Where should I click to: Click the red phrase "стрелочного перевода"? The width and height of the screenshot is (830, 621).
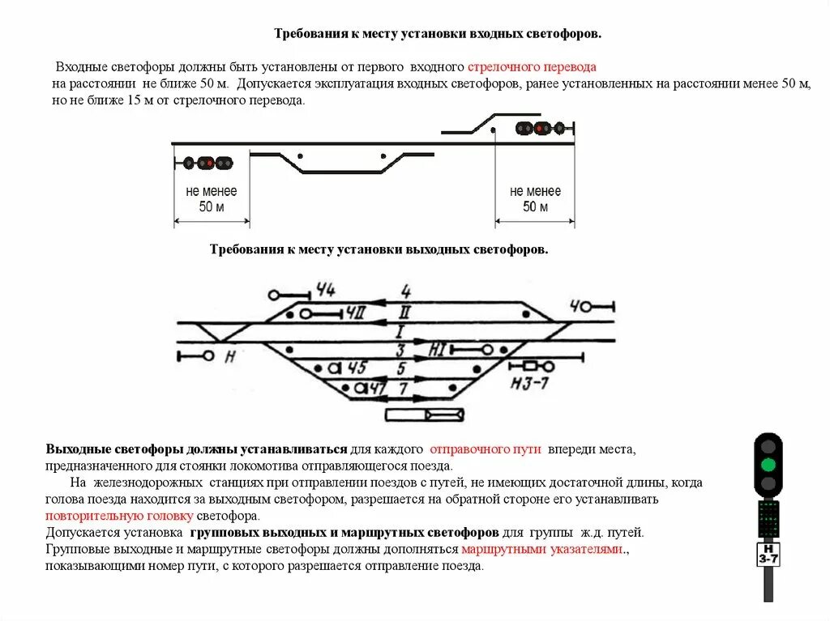click(x=532, y=66)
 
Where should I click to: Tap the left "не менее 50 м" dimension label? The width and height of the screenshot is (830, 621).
click(x=212, y=199)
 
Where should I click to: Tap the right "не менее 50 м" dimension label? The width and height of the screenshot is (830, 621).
click(x=535, y=199)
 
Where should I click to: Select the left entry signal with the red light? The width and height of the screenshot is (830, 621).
click(x=207, y=163)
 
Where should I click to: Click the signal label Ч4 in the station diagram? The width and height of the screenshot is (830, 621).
click(x=326, y=290)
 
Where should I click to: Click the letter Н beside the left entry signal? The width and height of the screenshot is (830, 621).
click(x=230, y=356)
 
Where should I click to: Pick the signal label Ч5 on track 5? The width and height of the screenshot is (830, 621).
click(x=357, y=367)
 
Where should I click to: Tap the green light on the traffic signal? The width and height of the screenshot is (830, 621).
click(x=768, y=465)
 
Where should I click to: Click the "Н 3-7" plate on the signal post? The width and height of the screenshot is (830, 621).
click(x=768, y=555)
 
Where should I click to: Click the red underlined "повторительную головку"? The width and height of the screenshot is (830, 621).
click(x=119, y=515)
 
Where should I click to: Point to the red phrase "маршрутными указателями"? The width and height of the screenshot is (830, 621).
click(x=542, y=550)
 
